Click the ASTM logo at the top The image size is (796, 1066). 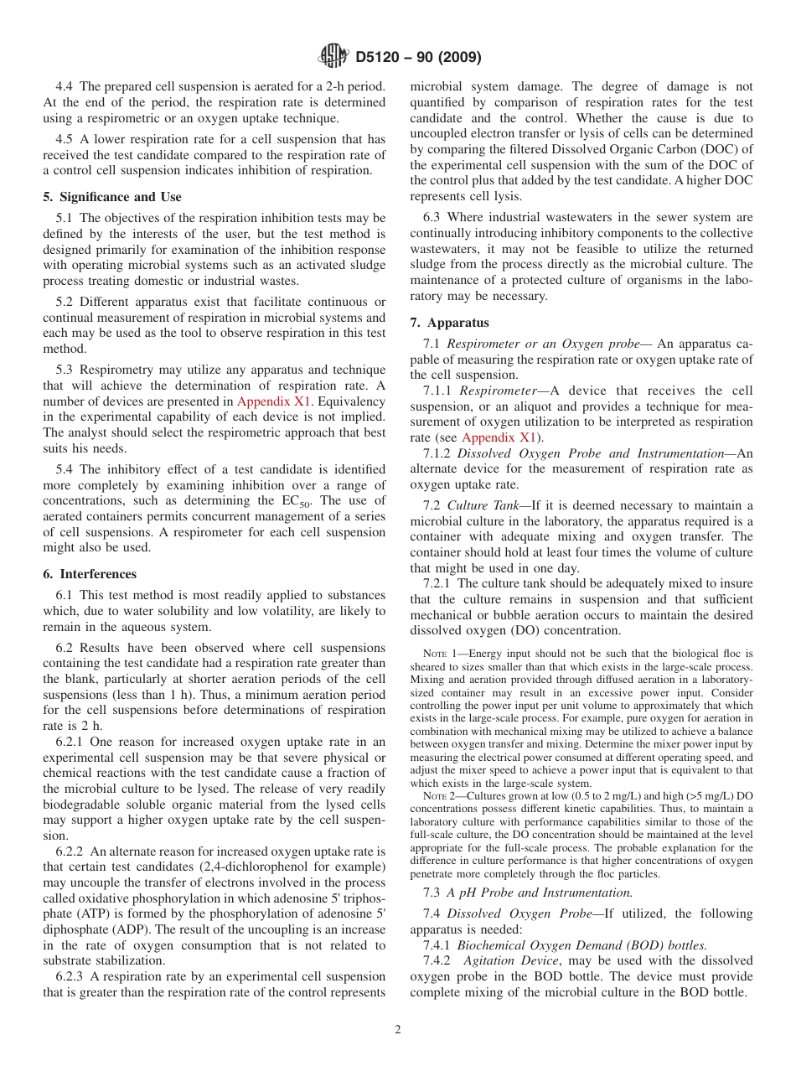click(333, 58)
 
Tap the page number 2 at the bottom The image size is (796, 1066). click(397, 1029)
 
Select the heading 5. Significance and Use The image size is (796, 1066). click(112, 197)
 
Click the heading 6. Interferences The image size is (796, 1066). click(90, 574)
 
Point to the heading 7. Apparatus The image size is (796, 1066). click(449, 323)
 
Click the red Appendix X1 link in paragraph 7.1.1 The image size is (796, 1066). click(498, 437)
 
